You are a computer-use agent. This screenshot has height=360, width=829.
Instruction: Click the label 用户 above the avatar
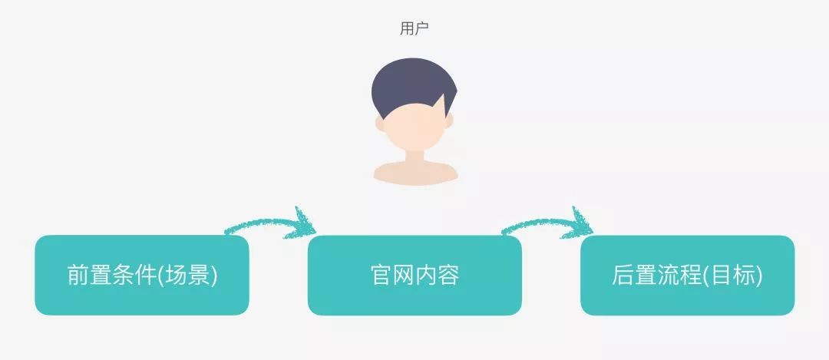414,29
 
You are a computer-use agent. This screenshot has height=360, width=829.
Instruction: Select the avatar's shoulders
415,173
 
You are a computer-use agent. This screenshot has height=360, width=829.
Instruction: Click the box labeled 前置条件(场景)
142,275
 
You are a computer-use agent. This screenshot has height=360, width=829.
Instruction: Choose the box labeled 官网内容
414,275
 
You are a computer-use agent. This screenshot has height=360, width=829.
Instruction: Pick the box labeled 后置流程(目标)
687,275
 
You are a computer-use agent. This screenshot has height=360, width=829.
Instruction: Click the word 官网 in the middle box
392,275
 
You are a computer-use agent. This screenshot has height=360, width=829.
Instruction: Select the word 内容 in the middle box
437,275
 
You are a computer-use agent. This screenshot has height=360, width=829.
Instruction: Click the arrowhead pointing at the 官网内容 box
305,222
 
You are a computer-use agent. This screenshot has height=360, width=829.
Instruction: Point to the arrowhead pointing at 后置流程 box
582,222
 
